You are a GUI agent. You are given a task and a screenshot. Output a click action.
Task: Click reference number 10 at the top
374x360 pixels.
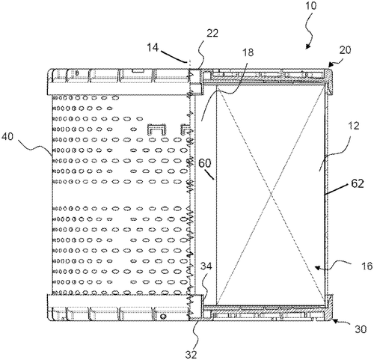point(310,5)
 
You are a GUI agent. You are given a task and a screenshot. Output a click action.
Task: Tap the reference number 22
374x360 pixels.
point(212,33)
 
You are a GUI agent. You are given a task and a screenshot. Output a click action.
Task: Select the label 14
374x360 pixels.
point(153,47)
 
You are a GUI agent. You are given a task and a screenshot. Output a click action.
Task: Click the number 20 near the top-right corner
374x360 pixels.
point(345,50)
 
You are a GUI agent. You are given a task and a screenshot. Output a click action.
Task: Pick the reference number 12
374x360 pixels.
point(354,126)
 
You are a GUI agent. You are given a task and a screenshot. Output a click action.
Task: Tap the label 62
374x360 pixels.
point(358,183)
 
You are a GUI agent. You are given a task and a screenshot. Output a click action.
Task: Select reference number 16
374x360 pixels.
point(367,266)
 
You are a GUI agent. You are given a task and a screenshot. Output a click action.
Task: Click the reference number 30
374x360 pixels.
point(361,329)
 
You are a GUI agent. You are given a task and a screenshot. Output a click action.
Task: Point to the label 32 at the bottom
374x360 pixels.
point(191,354)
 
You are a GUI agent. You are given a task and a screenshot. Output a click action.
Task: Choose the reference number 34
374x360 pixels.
point(206,266)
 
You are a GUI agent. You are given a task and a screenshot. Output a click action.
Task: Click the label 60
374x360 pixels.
point(205,163)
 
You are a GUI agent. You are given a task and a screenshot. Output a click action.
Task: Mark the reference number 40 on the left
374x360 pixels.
point(7,136)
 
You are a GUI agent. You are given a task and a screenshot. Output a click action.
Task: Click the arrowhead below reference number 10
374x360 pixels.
point(307,46)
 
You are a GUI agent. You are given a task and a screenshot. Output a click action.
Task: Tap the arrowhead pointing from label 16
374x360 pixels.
point(316,268)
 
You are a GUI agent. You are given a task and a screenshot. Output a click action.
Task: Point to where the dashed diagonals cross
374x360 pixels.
point(271,194)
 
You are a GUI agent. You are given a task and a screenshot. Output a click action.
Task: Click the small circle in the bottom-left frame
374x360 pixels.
point(163,317)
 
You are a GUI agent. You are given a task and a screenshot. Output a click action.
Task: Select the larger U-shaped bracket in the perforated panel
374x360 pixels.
point(157,129)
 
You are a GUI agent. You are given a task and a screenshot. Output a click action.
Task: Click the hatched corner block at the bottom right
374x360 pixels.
point(329,308)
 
